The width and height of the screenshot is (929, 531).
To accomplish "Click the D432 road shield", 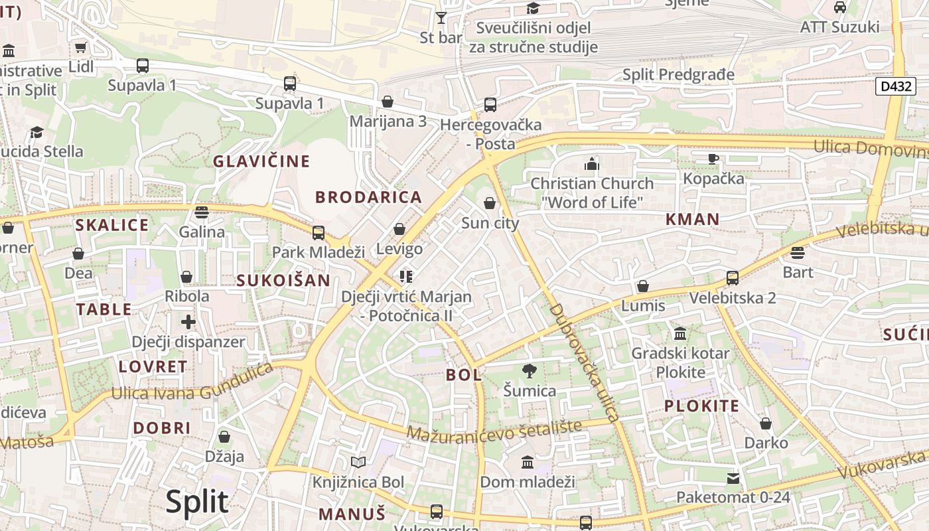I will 895,86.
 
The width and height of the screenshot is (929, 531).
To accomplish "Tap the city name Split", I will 197,502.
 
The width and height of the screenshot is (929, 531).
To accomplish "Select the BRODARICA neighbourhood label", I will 368,197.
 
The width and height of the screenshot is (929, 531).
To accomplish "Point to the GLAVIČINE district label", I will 261,161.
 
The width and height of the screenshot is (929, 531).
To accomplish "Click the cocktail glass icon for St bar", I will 441,17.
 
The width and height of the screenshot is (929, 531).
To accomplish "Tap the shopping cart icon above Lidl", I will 81,48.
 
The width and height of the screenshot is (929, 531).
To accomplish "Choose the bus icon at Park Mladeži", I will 319,232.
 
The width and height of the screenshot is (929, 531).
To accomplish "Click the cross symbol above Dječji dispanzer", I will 188,322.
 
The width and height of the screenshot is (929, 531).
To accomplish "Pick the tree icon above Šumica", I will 529,370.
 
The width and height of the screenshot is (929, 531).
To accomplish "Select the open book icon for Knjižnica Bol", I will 358,462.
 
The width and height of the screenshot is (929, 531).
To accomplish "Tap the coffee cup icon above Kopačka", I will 713,159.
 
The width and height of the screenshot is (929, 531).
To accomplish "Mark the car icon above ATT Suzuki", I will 839,7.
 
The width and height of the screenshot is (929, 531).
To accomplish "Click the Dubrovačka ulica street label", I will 585,362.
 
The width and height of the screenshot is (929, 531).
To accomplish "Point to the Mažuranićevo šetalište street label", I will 494,430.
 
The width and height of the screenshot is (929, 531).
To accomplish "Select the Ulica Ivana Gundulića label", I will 192,382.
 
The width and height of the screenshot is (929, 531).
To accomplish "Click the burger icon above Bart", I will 798,252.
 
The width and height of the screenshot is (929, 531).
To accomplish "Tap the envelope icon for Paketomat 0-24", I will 733,478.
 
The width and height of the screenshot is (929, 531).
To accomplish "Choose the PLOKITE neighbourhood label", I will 701,406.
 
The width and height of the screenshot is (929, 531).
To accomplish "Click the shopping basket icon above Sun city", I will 490,203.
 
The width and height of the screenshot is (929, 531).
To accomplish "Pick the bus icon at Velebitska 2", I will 733,277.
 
